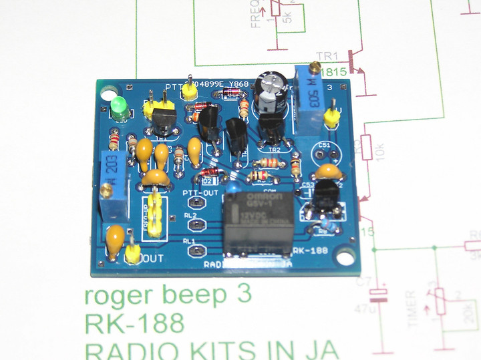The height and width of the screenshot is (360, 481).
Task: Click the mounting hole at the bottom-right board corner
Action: (345, 256)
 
